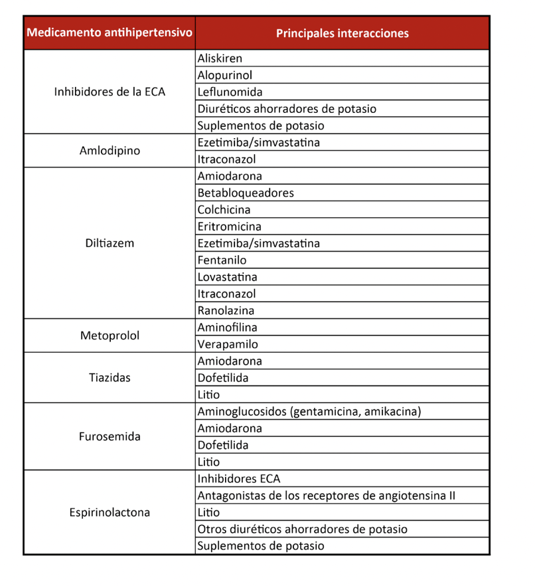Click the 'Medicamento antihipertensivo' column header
[x=110, y=33]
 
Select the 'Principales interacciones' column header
[x=342, y=33]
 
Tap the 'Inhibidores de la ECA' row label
[x=110, y=92]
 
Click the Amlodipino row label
[x=110, y=151]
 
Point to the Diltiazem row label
[x=110, y=243]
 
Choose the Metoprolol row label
[x=110, y=336]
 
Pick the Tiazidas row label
[x=110, y=378]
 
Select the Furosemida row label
[x=110, y=437]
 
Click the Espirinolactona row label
[x=110, y=512]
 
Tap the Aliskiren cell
[x=220, y=58]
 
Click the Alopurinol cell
[x=224, y=75]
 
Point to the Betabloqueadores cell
[x=245, y=193]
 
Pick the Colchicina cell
[x=224, y=209]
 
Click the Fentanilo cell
[x=222, y=260]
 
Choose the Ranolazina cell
[x=226, y=310]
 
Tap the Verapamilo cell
[x=228, y=344]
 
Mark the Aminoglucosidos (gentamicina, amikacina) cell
[x=309, y=411]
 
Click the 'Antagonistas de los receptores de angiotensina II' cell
[x=326, y=496]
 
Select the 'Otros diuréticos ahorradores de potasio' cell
[x=302, y=529]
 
